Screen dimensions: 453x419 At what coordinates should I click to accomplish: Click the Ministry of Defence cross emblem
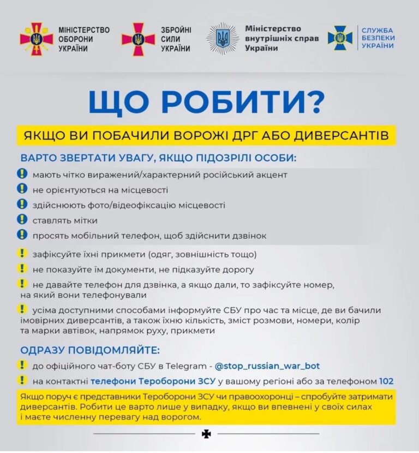click(x=37, y=39)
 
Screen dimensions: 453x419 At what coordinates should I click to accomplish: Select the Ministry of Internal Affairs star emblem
click(x=222, y=38)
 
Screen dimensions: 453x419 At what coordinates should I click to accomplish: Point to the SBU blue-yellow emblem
click(x=340, y=38)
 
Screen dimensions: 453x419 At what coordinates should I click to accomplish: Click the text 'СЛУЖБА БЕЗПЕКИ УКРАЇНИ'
click(x=378, y=38)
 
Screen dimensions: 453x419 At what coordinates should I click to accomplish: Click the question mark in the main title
click(x=315, y=103)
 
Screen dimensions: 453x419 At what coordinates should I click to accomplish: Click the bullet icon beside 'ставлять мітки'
click(x=22, y=220)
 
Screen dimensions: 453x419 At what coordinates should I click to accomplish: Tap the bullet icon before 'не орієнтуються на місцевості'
click(x=22, y=189)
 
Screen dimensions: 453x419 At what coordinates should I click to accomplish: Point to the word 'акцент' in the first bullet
click(x=271, y=175)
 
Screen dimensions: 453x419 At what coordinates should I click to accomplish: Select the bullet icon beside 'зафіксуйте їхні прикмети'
click(x=22, y=253)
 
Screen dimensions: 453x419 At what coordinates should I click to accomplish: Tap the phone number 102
click(x=386, y=381)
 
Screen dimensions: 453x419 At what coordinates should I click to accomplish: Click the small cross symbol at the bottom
click(x=206, y=433)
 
